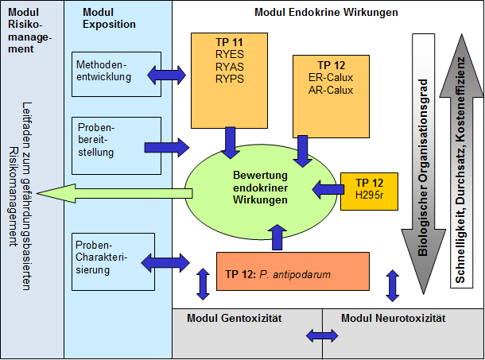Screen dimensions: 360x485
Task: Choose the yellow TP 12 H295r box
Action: pyautogui.click(x=368, y=191)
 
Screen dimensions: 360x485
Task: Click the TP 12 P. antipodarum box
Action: pyautogui.click(x=293, y=272)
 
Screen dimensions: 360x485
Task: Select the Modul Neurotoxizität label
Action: pyautogui.click(x=394, y=319)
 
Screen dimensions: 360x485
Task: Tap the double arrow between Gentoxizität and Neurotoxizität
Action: pyautogui.click(x=322, y=337)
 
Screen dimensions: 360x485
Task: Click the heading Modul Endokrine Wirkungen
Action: pyautogui.click(x=326, y=13)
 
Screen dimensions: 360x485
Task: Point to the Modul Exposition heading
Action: pyautogui.click(x=109, y=18)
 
